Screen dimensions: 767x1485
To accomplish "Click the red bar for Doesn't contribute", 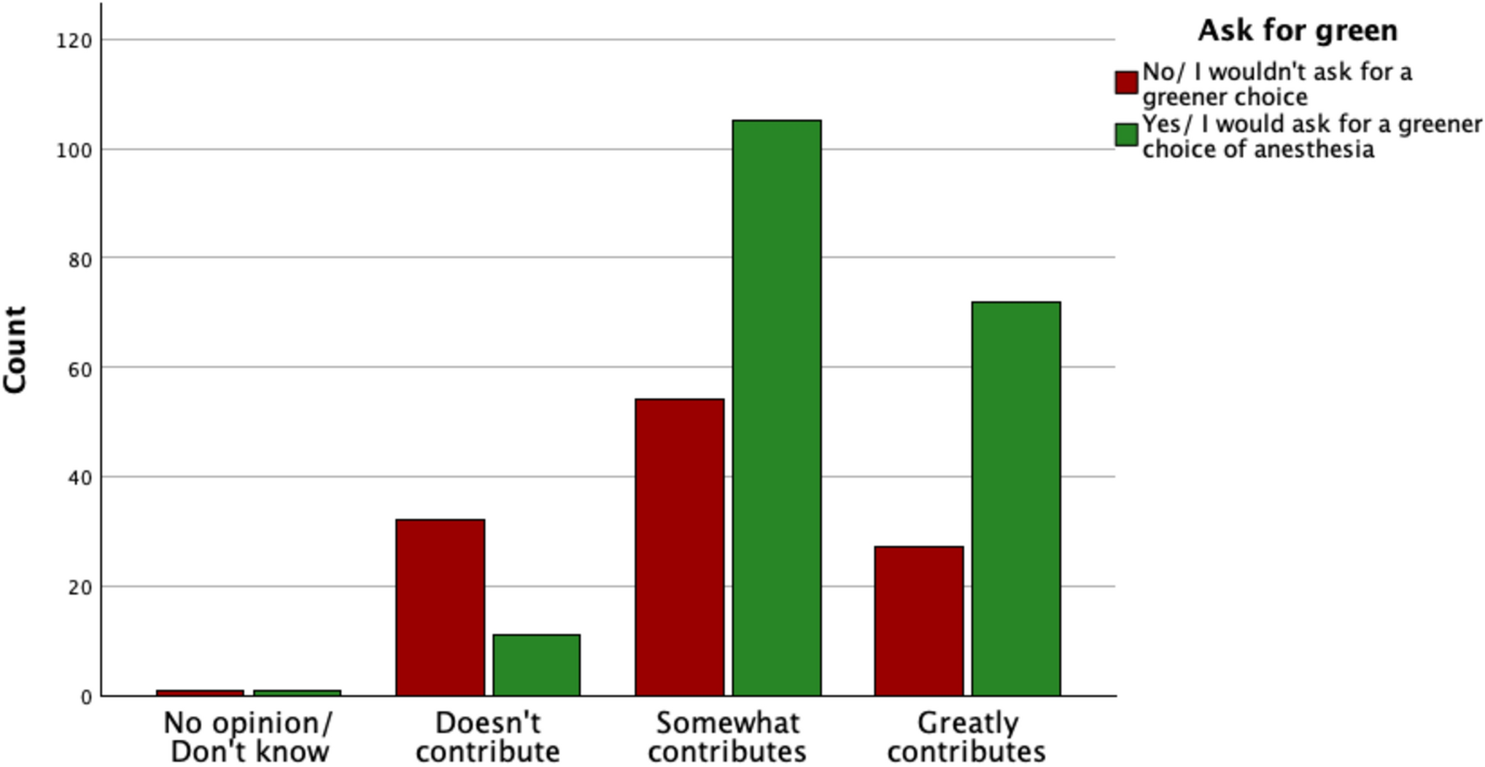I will [440, 607].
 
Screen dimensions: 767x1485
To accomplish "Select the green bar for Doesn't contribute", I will [536, 665].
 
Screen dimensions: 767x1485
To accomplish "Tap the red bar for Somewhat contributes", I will [679, 547].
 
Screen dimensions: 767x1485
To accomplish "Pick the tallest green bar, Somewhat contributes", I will [776, 408].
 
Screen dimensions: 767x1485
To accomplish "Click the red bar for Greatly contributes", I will [918, 620].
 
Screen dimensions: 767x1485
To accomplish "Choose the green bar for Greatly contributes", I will [1015, 499].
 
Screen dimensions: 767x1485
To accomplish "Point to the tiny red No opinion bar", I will [200, 693].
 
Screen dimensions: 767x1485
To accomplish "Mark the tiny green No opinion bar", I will [297, 693].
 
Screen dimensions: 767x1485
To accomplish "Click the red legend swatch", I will [1126, 82].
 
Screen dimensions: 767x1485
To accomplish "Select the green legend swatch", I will [1126, 135].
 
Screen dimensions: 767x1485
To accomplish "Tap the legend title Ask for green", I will [1298, 31].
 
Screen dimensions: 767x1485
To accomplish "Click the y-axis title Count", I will [15, 350].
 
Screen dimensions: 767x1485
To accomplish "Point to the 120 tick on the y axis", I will [74, 41].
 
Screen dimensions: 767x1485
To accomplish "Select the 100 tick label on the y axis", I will [74, 150].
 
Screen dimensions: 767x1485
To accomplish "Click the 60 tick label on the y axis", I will [80, 369].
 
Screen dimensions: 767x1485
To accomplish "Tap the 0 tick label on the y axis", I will [87, 697].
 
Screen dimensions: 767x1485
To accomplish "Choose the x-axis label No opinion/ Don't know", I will [249, 737].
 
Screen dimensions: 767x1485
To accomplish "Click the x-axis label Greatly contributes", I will [966, 737].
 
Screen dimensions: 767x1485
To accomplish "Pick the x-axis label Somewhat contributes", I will [727, 737].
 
